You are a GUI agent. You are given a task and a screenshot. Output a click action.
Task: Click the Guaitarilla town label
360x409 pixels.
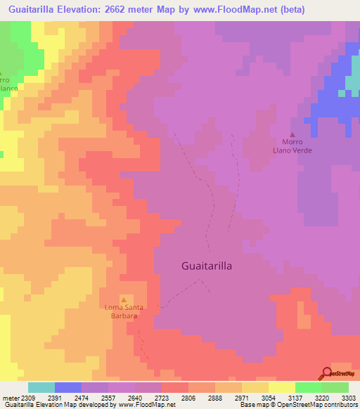click(x=207, y=266)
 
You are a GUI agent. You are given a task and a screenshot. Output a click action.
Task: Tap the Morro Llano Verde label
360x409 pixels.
click(x=293, y=146)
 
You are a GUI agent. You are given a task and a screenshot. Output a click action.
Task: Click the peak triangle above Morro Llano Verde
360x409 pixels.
click(x=293, y=135)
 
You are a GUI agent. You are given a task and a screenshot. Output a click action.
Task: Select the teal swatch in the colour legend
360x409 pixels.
click(x=41, y=387)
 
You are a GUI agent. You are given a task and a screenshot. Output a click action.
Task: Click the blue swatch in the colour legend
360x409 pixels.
click(x=68, y=387)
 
